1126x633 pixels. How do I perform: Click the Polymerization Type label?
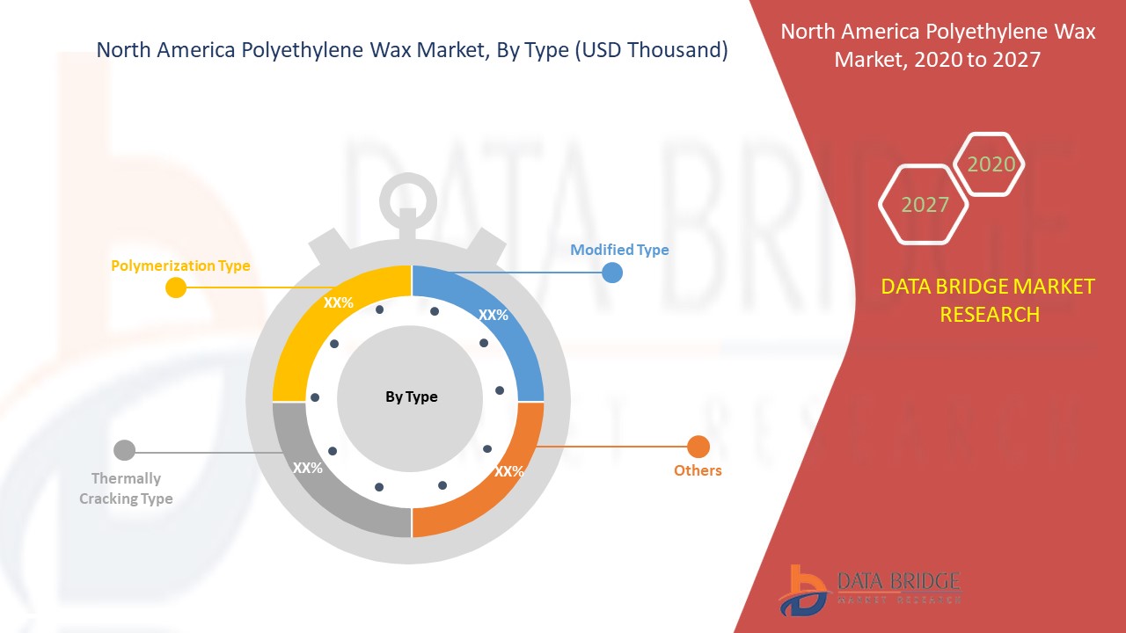click(180, 266)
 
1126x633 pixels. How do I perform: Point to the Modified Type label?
click(619, 250)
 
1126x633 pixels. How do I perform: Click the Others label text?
click(698, 470)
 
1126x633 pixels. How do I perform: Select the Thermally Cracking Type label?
click(126, 488)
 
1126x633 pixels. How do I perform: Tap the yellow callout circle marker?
click(176, 287)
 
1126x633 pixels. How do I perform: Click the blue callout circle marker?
click(612, 273)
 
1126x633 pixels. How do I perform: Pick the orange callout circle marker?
click(698, 447)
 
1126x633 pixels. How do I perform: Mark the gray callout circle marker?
click(124, 450)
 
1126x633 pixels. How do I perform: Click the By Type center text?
click(411, 397)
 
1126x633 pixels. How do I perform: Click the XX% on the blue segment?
click(494, 315)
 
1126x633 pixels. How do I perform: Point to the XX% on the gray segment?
click(308, 468)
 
